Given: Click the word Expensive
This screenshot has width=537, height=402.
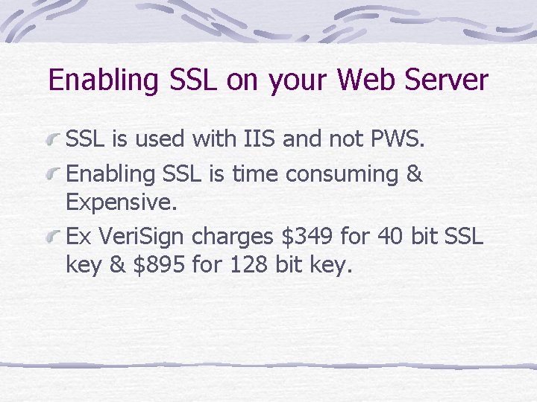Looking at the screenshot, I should (120, 202).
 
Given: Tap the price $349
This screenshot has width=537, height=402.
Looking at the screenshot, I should (307, 238).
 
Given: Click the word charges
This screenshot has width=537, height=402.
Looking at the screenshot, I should (233, 238).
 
